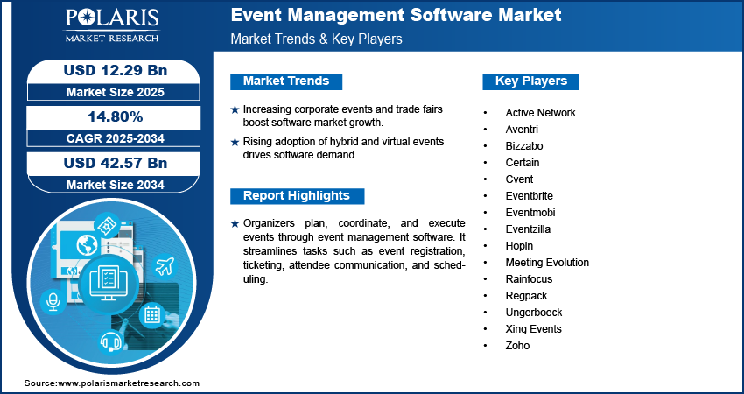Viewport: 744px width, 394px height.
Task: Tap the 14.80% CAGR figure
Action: pos(109,116)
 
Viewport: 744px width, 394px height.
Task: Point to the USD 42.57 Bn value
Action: pos(109,163)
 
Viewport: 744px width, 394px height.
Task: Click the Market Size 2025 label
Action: pos(109,91)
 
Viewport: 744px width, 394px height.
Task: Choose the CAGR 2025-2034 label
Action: pos(109,138)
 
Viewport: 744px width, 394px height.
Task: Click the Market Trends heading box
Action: pos(286,81)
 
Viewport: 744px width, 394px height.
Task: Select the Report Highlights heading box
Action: pos(297,196)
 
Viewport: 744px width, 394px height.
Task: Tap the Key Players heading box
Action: pos(530,81)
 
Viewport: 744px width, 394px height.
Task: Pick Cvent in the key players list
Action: pos(519,179)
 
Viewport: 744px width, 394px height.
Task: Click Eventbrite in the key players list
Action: pos(529,196)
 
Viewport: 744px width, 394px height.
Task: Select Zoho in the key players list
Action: pos(517,346)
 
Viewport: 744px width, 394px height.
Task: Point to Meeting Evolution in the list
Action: pos(547,263)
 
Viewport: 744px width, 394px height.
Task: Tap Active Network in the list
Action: pos(540,113)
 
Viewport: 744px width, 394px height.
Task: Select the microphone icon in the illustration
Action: pos(53,301)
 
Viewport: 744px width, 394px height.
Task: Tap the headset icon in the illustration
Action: pos(111,341)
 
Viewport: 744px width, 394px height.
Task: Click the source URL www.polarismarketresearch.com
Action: pos(130,383)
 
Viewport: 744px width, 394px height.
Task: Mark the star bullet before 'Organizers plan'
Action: pos(234,224)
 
